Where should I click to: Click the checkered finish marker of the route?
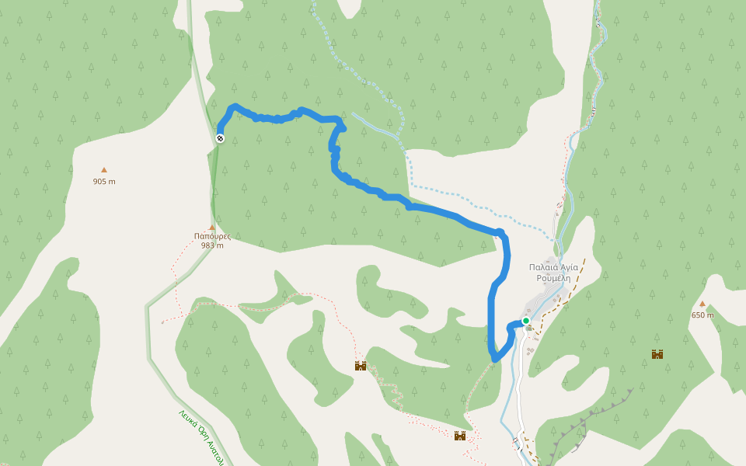tap(220, 138)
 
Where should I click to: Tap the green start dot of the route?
tap(526, 320)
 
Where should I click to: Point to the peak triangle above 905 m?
tap(103, 169)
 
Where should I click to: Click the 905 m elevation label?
tap(103, 182)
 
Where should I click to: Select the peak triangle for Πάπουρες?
tap(211, 227)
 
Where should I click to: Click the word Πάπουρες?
tap(212, 236)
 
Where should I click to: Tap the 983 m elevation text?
tap(212, 245)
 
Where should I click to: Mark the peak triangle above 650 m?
tap(702, 304)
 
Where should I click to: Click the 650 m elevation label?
tap(702, 315)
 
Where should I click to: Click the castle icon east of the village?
tap(657, 354)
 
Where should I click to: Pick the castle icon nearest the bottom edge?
tap(460, 436)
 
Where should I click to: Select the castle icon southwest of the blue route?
tap(361, 366)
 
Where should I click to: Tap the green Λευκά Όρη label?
tap(201, 436)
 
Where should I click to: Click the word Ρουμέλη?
tap(553, 277)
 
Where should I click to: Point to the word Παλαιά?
tap(542, 267)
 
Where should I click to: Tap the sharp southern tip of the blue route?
tap(494, 360)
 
